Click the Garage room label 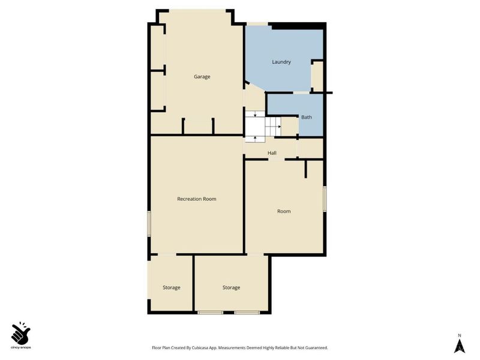[x=202, y=77]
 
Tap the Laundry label [x=281, y=62]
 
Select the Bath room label [x=306, y=117]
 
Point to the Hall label [x=272, y=153]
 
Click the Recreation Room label [x=196, y=199]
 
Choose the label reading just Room [x=284, y=211]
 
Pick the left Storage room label [x=171, y=287]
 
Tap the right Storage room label [x=231, y=287]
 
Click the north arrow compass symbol [x=459, y=346]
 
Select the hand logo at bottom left [x=20, y=332]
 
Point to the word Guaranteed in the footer [x=316, y=348]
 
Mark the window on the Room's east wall [x=325, y=199]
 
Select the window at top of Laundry [x=257, y=23]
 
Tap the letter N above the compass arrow [x=459, y=335]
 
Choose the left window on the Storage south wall [x=211, y=313]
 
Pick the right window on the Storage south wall [x=247, y=313]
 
